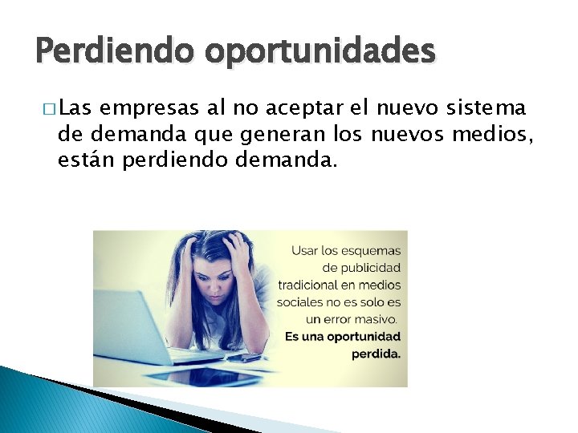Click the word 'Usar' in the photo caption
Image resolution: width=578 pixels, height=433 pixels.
(305, 250)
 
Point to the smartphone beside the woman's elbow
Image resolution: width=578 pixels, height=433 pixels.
(249, 358)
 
